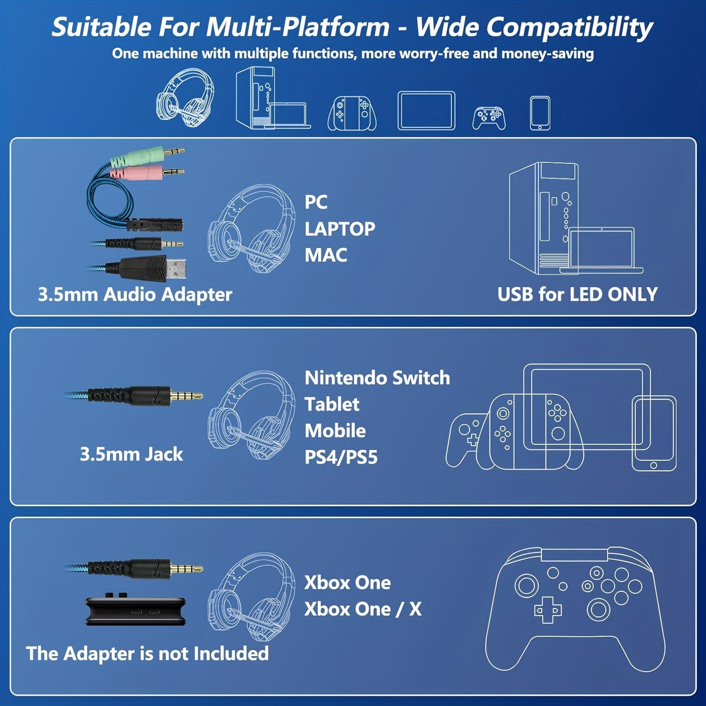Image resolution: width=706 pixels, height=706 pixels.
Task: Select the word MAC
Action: pos(326,256)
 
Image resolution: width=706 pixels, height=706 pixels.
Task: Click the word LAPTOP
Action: pos(340,229)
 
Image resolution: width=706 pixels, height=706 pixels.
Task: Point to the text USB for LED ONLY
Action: pos(578,294)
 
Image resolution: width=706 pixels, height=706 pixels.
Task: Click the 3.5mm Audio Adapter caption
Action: pos(135,295)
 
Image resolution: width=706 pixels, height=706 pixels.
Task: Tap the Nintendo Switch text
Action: pos(377,378)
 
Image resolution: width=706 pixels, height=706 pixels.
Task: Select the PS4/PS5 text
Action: pos(341,457)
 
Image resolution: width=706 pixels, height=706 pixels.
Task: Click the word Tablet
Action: pos(332,404)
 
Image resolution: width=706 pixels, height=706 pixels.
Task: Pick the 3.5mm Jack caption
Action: pos(131,454)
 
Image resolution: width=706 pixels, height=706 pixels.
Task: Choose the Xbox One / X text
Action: pos(363,609)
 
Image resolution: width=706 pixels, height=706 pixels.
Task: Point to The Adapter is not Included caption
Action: pos(147,654)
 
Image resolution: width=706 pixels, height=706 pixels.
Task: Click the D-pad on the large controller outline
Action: pos(547,610)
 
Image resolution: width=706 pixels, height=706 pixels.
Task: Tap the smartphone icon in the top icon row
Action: pos(540,113)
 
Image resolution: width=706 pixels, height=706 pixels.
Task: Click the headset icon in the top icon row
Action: pos(185,98)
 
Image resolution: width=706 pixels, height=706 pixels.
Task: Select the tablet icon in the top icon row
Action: pos(426,111)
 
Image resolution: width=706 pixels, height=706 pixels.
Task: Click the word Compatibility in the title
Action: pos(534,27)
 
